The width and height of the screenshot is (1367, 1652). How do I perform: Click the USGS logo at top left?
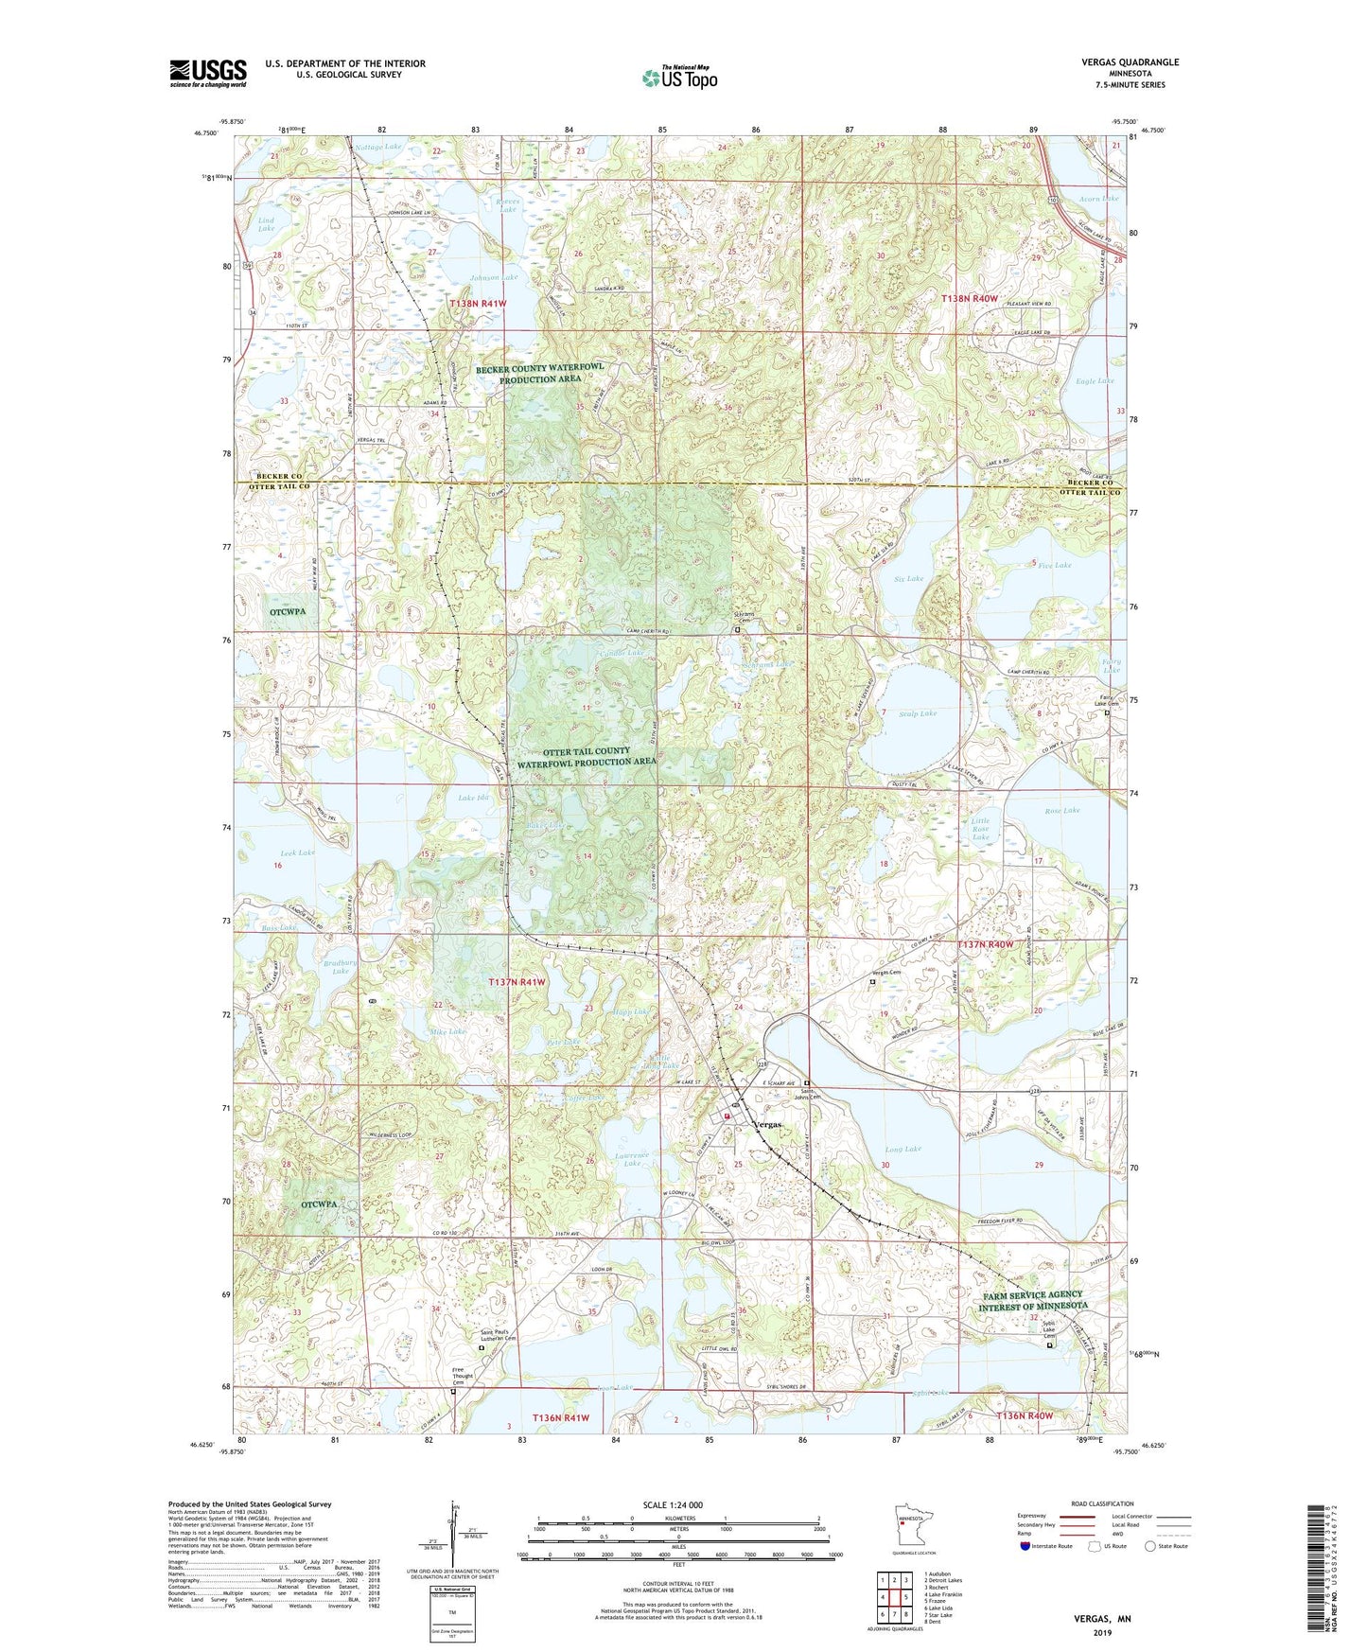[x=208, y=72]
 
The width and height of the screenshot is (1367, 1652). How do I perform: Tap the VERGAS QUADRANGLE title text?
[x=1130, y=62]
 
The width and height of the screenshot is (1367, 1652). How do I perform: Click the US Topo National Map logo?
[x=679, y=77]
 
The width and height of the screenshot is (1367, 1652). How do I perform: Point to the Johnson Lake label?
[x=494, y=277]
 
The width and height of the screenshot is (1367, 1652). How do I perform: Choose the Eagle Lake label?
[x=1095, y=380]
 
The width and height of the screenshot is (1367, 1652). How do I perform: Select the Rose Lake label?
[x=1061, y=810]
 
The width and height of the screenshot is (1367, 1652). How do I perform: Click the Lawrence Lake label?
[x=631, y=1159]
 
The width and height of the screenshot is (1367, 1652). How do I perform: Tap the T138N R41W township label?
[x=478, y=304]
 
